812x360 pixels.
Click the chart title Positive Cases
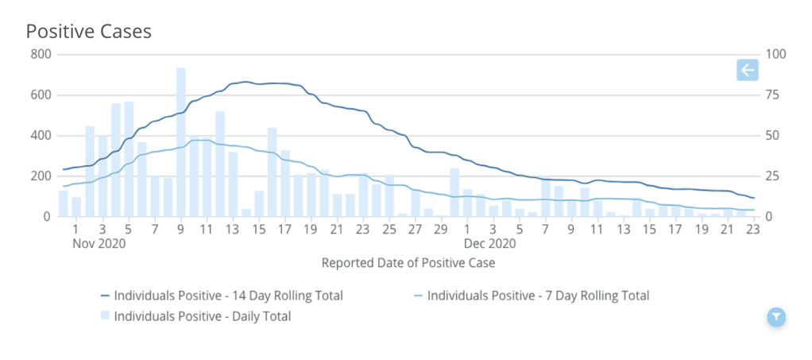click(89, 32)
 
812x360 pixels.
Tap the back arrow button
click(748, 71)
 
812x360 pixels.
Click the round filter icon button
click(776, 317)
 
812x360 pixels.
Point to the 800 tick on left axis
click(40, 55)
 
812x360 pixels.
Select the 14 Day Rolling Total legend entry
click(228, 296)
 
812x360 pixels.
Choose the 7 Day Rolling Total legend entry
click(538, 296)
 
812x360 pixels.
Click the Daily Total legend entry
click(202, 316)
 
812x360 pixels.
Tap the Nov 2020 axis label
click(99, 243)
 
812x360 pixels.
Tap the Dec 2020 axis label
click(491, 243)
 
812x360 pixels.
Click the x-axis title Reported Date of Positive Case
click(408, 262)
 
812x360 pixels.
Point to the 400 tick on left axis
click(40, 136)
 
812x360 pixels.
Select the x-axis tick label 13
click(233, 230)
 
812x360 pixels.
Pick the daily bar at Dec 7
click(546, 197)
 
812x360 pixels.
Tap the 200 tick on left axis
click(40, 176)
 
